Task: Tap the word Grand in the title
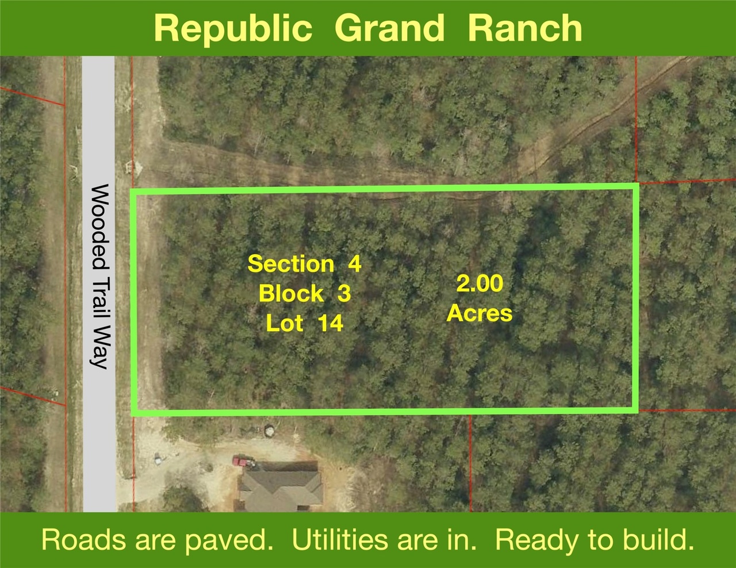click(x=389, y=28)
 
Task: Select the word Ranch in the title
click(x=525, y=28)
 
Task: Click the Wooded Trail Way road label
click(x=99, y=276)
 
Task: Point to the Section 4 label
click(x=305, y=263)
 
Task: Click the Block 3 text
click(x=305, y=293)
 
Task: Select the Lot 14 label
click(x=305, y=323)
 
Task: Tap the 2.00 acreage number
click(x=480, y=283)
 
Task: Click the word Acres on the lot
click(x=480, y=313)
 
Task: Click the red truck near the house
click(x=243, y=462)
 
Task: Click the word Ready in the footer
click(x=537, y=541)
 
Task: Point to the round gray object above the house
click(x=269, y=431)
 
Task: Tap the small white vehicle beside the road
click(x=158, y=459)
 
